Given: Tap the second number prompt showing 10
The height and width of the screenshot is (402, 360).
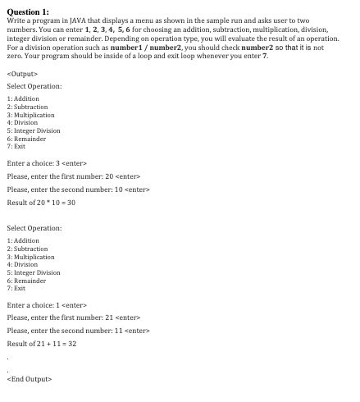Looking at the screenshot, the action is pyautogui.click(x=79, y=190).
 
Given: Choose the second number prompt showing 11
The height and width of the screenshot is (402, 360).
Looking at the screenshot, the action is pyautogui.click(x=79, y=331).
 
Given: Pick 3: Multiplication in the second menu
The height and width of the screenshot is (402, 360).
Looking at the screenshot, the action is pyautogui.click(x=30, y=256).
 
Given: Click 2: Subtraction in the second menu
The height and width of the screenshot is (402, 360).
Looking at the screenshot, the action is pyautogui.click(x=27, y=248).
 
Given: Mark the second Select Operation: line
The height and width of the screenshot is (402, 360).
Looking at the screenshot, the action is pyautogui.click(x=33, y=227).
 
